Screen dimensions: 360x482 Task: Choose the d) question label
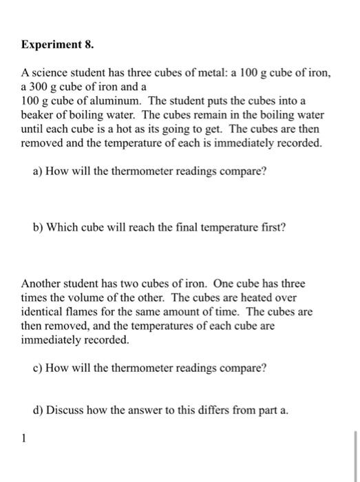pyautogui.click(x=39, y=410)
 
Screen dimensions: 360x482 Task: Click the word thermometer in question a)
pyautogui.click(x=159, y=171)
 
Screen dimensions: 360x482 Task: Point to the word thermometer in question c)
pyautogui.click(x=159, y=368)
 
